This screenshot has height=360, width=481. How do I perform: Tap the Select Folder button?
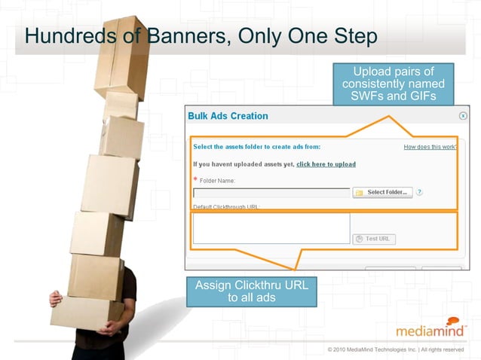(x=382, y=192)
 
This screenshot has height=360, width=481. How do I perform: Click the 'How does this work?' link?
(x=430, y=147)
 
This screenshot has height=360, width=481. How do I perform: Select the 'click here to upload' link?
(x=326, y=163)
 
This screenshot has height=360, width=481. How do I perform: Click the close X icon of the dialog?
(x=463, y=116)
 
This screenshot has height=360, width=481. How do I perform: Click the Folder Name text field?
(x=271, y=193)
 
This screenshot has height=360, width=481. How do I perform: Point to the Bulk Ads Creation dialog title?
(x=228, y=116)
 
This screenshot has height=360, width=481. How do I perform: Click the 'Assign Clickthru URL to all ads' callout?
(x=252, y=291)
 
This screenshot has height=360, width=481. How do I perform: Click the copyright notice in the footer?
(x=396, y=349)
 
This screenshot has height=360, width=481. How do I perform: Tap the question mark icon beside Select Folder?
(x=419, y=192)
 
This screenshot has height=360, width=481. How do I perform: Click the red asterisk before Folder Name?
(x=195, y=180)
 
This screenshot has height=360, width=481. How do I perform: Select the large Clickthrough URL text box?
(x=271, y=228)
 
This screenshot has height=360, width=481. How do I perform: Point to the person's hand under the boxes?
(x=54, y=299)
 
